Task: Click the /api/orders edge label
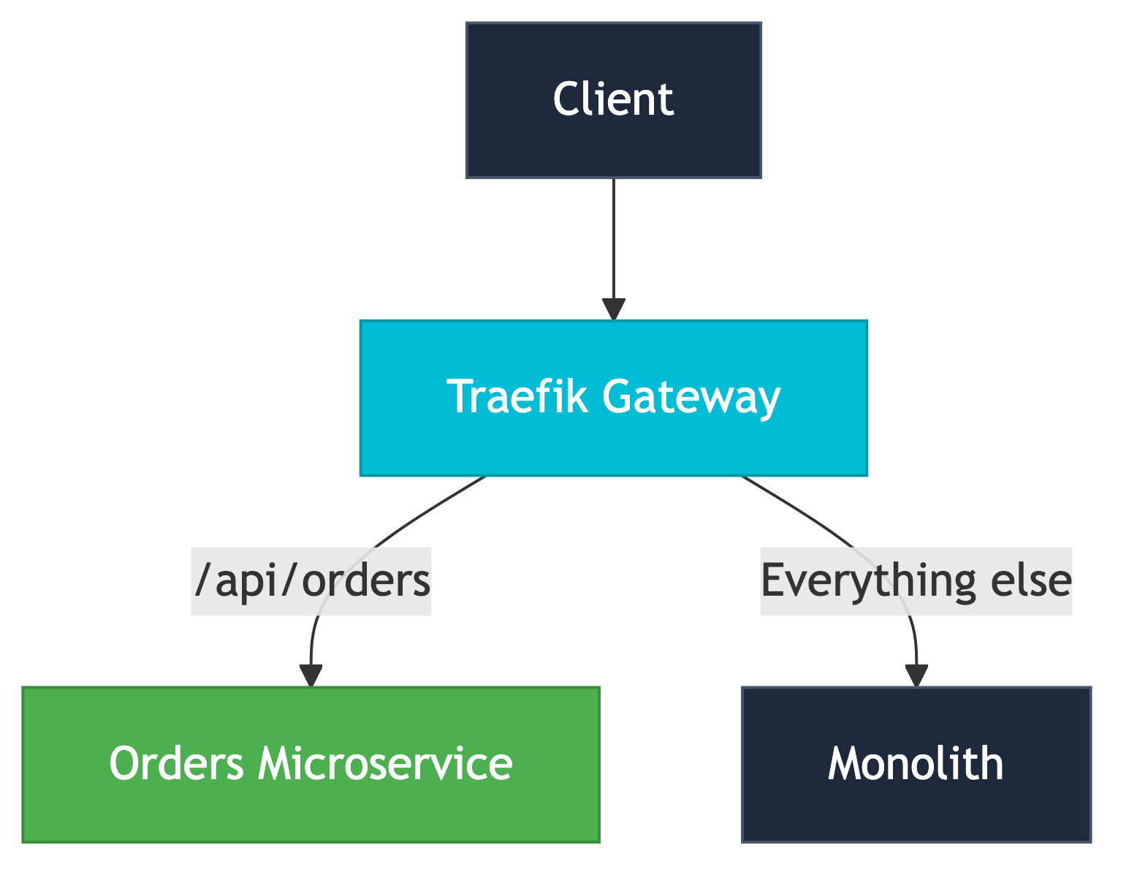point(311,581)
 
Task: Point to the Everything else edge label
point(916,581)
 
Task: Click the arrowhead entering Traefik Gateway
point(613,309)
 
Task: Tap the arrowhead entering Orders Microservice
point(311,675)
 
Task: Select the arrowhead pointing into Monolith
point(916,675)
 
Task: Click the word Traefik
point(517,397)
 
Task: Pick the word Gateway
point(691,398)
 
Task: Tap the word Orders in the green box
point(176,764)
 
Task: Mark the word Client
point(613,99)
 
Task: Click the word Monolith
point(916,764)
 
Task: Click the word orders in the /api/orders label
point(365,581)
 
